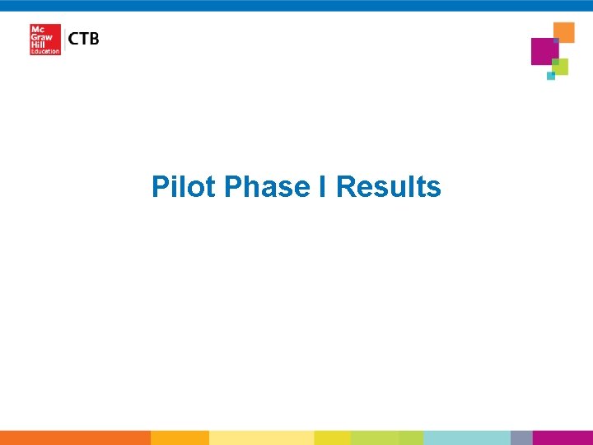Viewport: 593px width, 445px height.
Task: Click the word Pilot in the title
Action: (x=184, y=187)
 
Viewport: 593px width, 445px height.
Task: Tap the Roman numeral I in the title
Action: (x=326, y=187)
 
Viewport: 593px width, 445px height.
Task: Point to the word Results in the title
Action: (x=389, y=187)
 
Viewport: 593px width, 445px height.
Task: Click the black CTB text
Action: (x=84, y=39)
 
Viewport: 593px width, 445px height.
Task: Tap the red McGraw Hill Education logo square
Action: (x=44, y=40)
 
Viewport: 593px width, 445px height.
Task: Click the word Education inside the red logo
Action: (x=45, y=51)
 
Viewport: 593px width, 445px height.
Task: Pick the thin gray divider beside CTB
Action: (x=64, y=40)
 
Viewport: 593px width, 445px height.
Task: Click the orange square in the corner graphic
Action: (x=564, y=31)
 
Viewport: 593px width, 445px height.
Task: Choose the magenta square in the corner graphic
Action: (x=544, y=51)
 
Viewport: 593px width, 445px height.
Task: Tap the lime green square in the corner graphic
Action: (x=561, y=66)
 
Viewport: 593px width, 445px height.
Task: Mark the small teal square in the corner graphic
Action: (x=551, y=76)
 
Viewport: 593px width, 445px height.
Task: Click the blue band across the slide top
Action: (x=296, y=5)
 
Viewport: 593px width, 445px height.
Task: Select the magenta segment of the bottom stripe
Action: (x=563, y=438)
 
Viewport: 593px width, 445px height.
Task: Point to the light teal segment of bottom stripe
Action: (x=466, y=438)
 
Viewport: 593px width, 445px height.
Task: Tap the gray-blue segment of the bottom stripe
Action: (x=521, y=438)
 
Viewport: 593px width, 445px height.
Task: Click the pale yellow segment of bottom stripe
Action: (x=261, y=438)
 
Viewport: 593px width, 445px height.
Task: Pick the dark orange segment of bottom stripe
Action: (x=75, y=438)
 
